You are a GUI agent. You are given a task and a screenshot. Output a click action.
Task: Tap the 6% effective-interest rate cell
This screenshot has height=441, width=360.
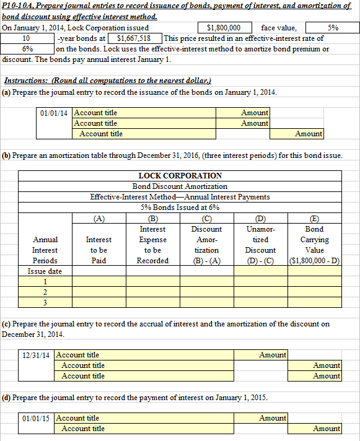(x=27, y=49)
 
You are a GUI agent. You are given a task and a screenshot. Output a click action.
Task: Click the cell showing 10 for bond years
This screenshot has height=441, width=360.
(x=27, y=38)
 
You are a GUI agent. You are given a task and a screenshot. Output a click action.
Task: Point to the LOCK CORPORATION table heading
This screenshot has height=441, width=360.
(x=180, y=176)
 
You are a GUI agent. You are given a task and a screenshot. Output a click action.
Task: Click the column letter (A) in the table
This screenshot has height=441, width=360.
(x=99, y=218)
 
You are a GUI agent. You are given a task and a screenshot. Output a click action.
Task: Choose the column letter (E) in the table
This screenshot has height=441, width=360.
(x=314, y=218)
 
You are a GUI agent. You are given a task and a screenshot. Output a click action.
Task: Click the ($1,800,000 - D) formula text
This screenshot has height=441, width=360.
(x=314, y=261)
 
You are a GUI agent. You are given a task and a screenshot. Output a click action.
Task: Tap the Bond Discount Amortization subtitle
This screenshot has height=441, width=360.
(x=180, y=186)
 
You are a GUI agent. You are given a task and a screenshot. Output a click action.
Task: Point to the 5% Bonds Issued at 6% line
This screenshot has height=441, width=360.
(x=180, y=207)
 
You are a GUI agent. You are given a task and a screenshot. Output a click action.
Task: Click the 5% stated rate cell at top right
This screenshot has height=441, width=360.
(x=333, y=28)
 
